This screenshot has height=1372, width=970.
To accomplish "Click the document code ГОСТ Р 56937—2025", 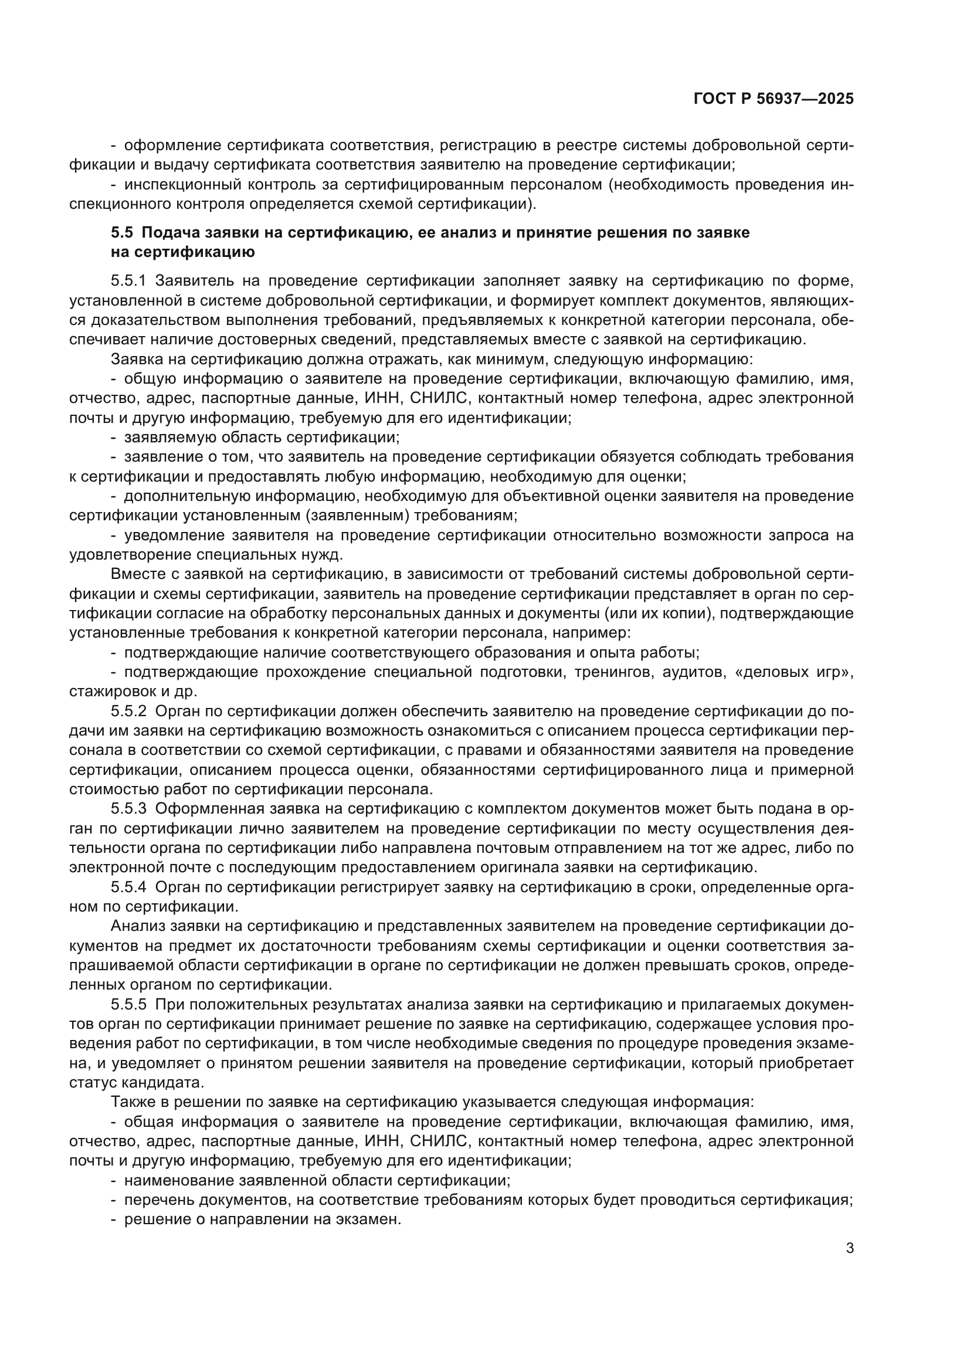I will pos(774,99).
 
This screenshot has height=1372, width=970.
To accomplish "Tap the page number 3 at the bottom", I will pos(849,1248).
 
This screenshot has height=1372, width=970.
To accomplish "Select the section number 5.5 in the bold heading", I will pos(123,232).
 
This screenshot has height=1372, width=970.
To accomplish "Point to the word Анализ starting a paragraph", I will pos(138,927).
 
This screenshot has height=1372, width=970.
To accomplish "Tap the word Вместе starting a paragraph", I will pos(138,574).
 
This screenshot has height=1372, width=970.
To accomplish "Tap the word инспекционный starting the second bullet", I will pos(170,185).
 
